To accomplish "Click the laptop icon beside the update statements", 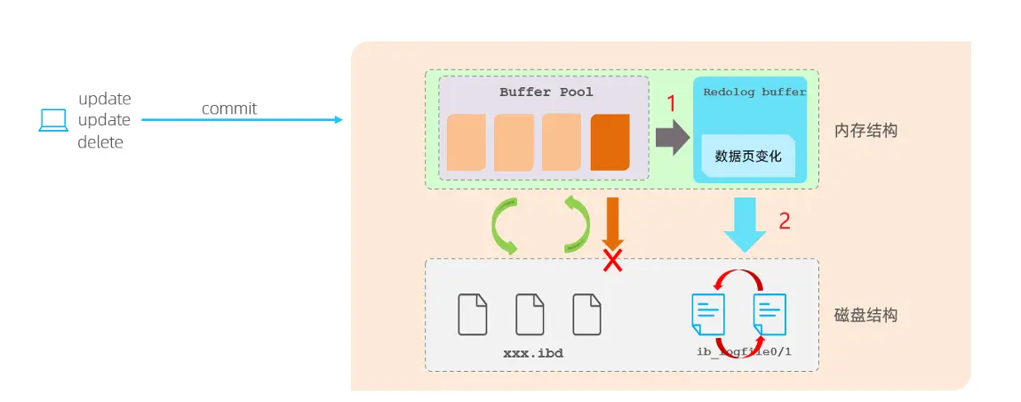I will pyautogui.click(x=53, y=120).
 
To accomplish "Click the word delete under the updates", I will pyautogui.click(x=100, y=141).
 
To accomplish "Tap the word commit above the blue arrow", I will pyautogui.click(x=229, y=109).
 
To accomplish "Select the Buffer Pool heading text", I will pyautogui.click(x=546, y=92).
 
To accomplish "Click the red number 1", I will pyautogui.click(x=672, y=104).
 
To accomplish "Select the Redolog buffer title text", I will pyautogui.click(x=754, y=92).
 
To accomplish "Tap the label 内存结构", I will pyautogui.click(x=865, y=130).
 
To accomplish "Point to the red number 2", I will pyautogui.click(x=785, y=221).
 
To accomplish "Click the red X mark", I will pyautogui.click(x=612, y=261).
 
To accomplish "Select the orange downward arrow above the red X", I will pyautogui.click(x=612, y=221).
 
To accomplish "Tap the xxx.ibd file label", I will pyautogui.click(x=533, y=353).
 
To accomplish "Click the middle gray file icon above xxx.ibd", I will pyautogui.click(x=530, y=313).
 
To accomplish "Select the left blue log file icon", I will pyautogui.click(x=708, y=314).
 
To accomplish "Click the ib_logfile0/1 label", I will pyautogui.click(x=744, y=352).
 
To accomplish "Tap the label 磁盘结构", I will pyautogui.click(x=865, y=315).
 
